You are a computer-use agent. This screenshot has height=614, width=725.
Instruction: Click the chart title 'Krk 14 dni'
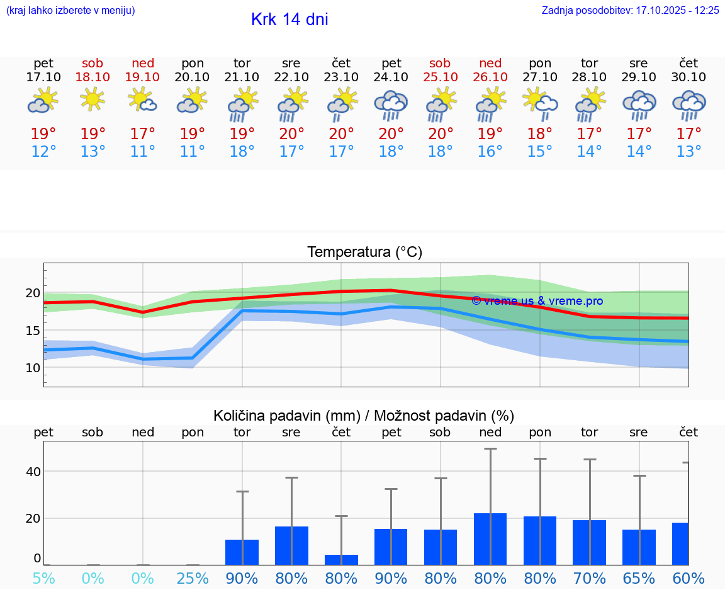click(289, 20)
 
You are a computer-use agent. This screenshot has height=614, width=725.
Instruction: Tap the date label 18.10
click(93, 77)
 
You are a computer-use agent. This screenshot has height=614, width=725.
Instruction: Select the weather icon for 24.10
click(391, 105)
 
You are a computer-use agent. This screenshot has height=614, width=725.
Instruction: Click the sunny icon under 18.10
click(93, 99)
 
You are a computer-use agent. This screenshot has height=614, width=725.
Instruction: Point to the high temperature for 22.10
click(291, 134)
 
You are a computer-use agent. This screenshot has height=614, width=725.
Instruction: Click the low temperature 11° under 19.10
click(143, 152)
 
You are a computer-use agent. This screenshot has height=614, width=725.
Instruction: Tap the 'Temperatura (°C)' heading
click(364, 253)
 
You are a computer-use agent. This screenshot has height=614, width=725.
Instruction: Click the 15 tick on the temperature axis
click(33, 331)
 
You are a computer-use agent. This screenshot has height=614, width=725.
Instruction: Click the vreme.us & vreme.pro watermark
click(537, 301)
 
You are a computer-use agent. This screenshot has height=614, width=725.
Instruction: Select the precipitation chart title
click(364, 416)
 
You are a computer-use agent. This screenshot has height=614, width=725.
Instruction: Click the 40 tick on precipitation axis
click(33, 472)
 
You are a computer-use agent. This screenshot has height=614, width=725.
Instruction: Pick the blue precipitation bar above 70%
click(589, 542)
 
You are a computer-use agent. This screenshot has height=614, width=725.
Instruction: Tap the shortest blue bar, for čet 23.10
click(342, 560)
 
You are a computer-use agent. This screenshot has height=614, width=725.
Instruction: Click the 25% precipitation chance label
click(193, 578)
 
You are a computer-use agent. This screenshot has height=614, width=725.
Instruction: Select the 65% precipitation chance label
click(639, 578)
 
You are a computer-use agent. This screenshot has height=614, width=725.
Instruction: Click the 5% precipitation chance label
click(43, 578)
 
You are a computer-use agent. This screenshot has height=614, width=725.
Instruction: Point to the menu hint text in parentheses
click(70, 10)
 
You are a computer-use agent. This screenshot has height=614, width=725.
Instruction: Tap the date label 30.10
click(688, 77)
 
